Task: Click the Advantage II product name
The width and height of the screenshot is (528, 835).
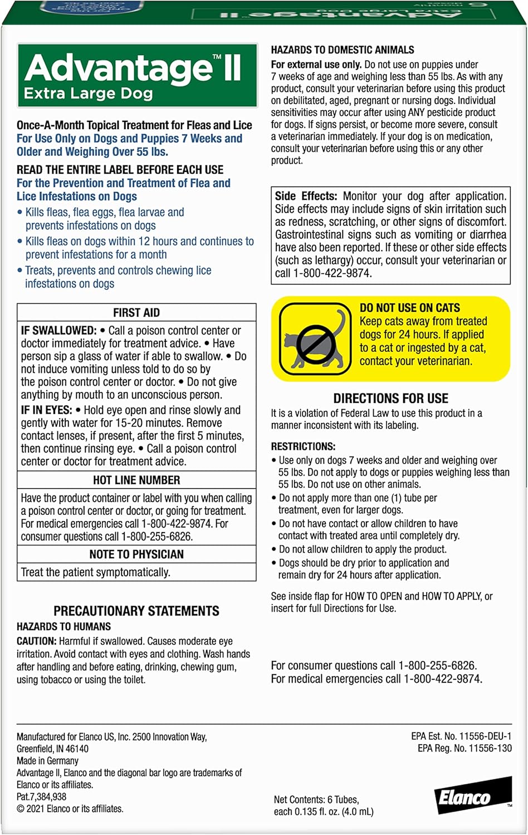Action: coord(133,68)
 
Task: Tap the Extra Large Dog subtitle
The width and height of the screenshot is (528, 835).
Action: coord(88,94)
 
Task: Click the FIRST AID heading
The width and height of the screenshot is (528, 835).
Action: coord(136,313)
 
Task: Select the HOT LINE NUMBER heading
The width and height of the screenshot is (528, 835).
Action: coord(136,480)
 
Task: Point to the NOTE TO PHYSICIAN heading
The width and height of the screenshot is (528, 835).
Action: coord(136,554)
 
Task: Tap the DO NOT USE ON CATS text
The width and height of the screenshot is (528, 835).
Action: coord(410,308)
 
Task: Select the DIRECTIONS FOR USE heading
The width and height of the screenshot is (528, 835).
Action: coord(390,399)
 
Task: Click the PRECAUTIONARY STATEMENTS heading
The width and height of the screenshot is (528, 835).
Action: coord(136,611)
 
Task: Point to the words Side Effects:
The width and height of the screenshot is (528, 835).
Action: coord(306,196)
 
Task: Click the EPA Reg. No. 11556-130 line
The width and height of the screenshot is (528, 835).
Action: coord(465,748)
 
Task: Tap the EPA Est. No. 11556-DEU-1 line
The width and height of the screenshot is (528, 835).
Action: coord(461,736)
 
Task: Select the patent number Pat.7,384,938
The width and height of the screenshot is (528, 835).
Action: coord(42,797)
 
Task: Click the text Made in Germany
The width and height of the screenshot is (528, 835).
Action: coord(47,760)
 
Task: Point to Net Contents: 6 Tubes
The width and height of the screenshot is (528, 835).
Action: coord(316,799)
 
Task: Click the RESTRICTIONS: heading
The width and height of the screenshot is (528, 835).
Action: coord(303,446)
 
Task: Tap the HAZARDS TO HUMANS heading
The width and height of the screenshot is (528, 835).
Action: coord(63,627)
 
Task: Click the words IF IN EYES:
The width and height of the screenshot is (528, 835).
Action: coord(46,410)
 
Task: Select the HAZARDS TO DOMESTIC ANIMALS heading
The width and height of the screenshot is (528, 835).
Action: coord(343,50)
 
